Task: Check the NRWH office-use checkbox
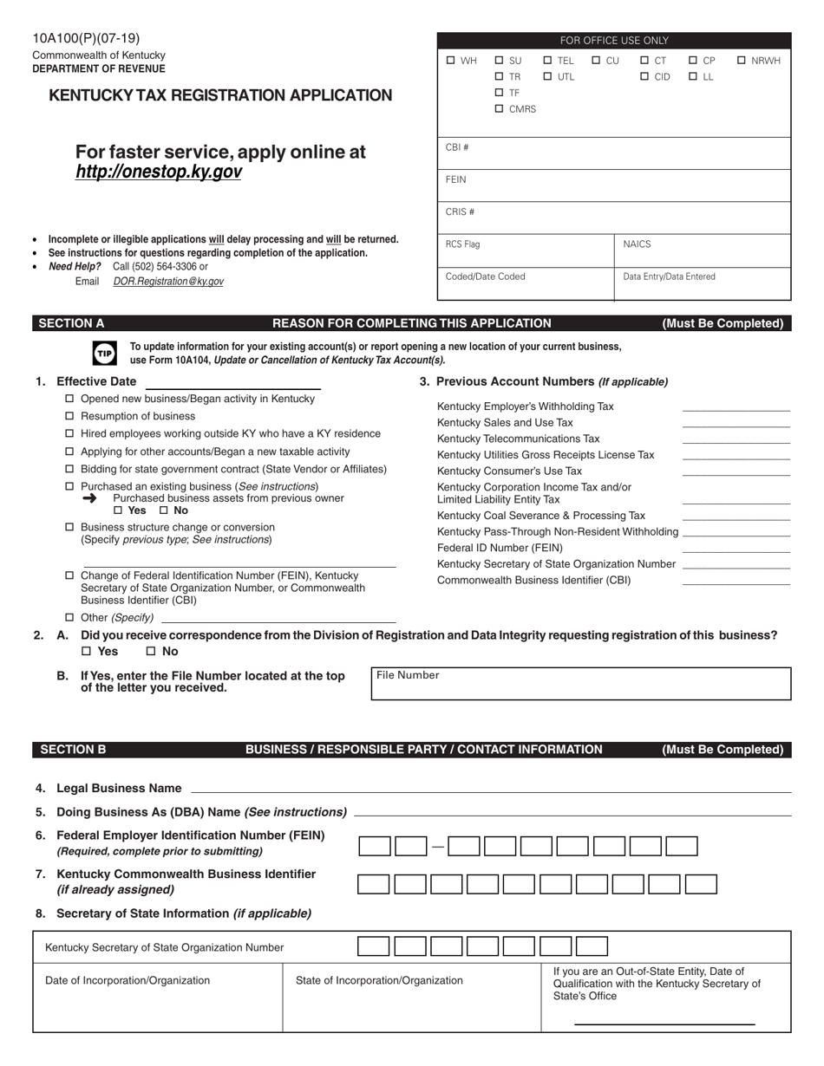tap(742, 61)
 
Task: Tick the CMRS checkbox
tap(499, 109)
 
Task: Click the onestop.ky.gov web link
tap(159, 172)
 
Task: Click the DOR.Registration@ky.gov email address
tap(168, 282)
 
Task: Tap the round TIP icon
tap(104, 353)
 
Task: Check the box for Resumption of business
tap(69, 416)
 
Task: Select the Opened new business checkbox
tap(69, 399)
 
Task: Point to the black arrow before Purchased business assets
tap(90, 498)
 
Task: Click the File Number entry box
tap(581, 684)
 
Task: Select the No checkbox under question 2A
tap(150, 652)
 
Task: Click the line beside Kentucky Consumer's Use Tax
tap(736, 471)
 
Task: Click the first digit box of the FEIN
tap(375, 847)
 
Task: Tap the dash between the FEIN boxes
tap(438, 847)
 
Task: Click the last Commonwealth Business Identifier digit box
tap(701, 884)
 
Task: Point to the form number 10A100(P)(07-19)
tap(86, 38)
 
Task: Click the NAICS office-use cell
tap(703, 250)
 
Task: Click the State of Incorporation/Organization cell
tap(411, 997)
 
